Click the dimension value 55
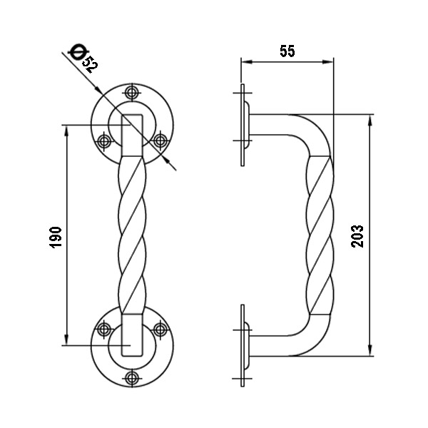point(287,51)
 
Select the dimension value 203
point(358,235)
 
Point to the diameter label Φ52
point(84,58)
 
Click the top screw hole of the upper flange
point(131,93)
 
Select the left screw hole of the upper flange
point(104,141)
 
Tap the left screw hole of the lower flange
point(104,329)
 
